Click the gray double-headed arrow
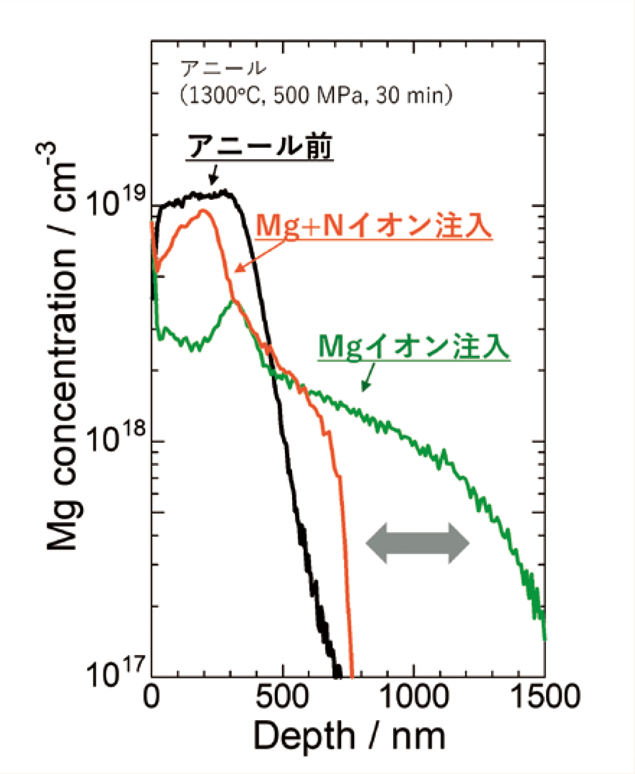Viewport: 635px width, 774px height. tap(418, 543)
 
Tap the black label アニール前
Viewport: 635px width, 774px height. tap(260, 147)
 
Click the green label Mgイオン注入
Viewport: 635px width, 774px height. tap(413, 347)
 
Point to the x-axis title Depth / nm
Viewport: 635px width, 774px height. tap(349, 735)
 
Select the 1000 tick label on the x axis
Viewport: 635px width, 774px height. tap(414, 697)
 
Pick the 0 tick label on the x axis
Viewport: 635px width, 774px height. tap(152, 697)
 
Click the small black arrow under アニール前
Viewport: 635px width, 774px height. tap(213, 176)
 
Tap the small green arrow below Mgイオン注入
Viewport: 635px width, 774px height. tap(367, 378)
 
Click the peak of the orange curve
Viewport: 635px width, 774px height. tap(203, 211)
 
